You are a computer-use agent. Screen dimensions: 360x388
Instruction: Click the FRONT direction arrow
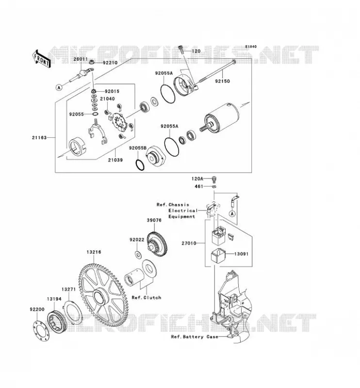coord(41,59)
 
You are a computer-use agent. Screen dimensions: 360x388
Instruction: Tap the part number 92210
coord(110,63)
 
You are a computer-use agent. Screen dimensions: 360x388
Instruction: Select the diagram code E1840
coord(251,47)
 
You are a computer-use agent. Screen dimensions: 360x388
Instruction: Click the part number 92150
coord(222,81)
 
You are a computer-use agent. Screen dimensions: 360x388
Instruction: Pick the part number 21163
coord(39,138)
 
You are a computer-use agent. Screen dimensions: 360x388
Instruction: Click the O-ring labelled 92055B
coord(140,165)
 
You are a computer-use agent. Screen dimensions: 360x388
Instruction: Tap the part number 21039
coord(115,160)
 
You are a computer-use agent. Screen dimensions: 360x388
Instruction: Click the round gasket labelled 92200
coord(41,330)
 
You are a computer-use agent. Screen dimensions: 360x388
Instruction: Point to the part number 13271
coord(68,289)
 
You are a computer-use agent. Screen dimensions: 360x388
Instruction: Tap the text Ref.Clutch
coord(147,298)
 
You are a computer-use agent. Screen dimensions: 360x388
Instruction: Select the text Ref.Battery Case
coord(195,337)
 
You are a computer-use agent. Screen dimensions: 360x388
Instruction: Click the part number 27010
coord(189,243)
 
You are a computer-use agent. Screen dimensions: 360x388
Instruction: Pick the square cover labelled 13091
coord(218,255)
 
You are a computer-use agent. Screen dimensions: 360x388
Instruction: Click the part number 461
coord(199,186)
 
